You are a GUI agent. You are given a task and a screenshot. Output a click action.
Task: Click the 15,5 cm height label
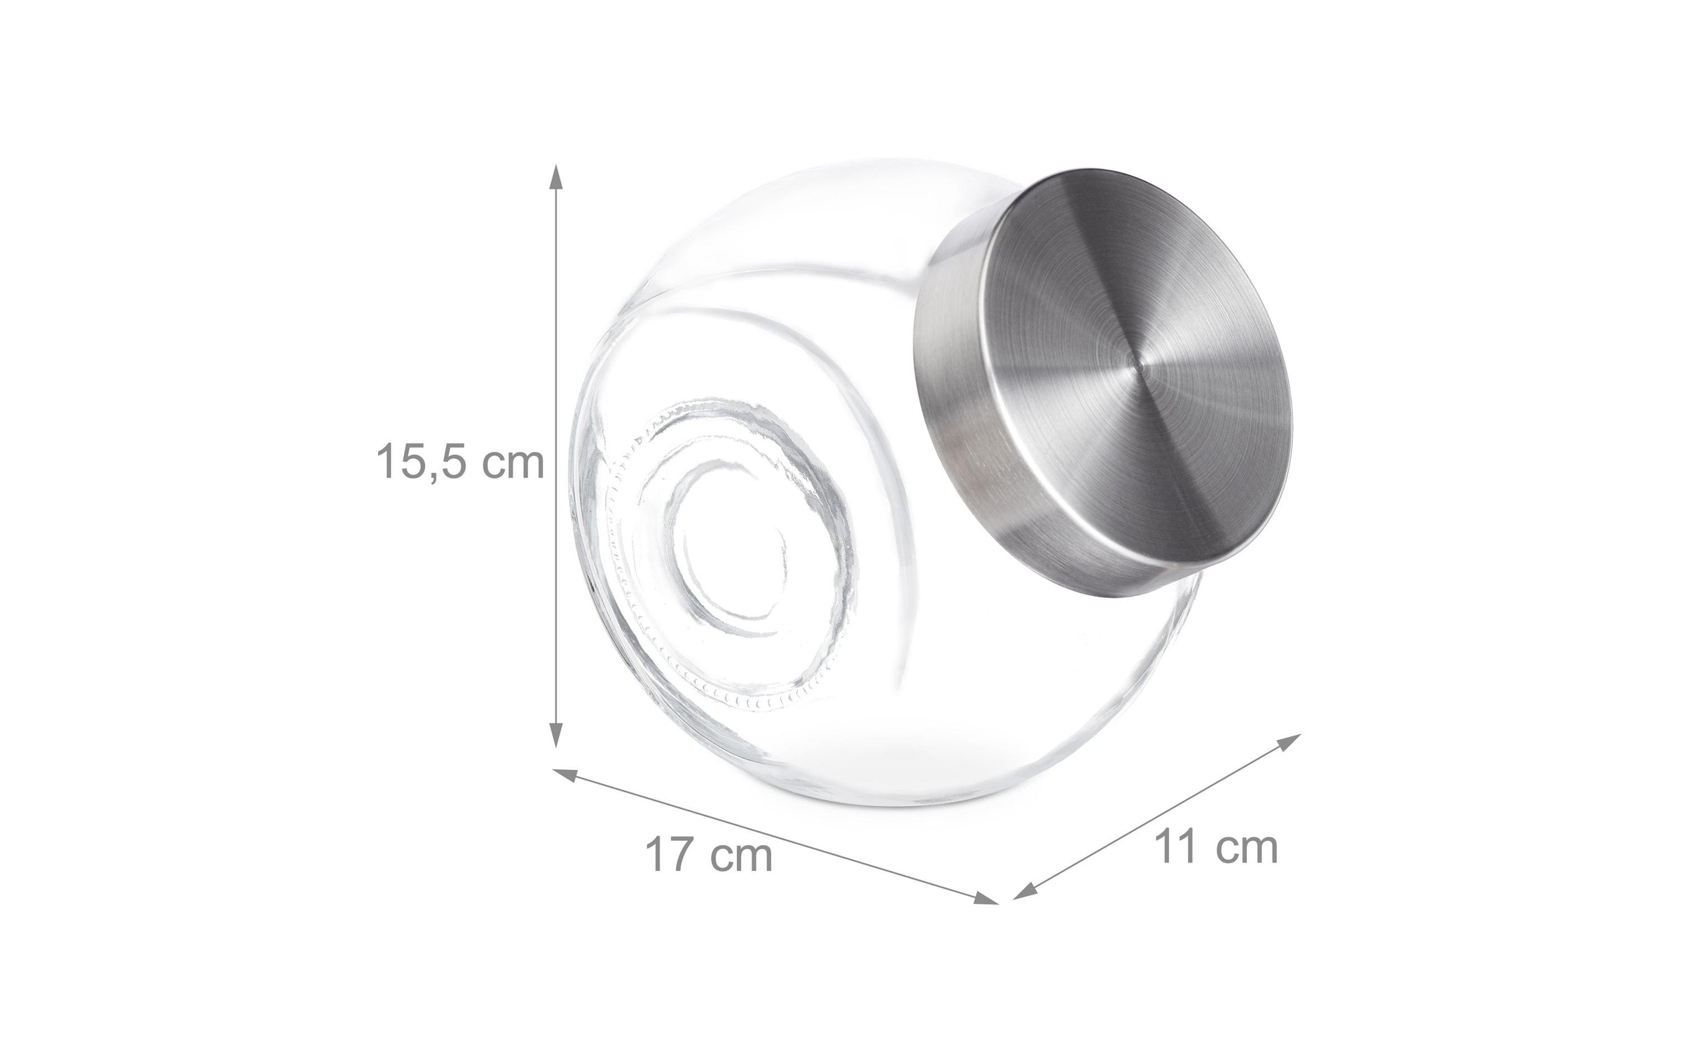pos(460,461)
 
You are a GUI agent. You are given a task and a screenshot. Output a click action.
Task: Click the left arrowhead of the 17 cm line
pos(565,775)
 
